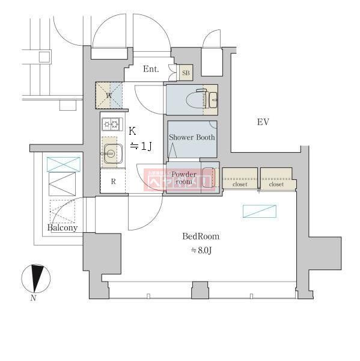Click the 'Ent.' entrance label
(x=151, y=69)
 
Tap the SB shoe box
(x=185, y=73)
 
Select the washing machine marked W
(x=109, y=95)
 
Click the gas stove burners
(x=112, y=125)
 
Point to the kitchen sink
(x=111, y=153)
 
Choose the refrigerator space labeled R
(x=112, y=181)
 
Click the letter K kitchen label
(x=132, y=131)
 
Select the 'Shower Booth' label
(x=192, y=137)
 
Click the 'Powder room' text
(x=184, y=177)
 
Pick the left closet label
(x=240, y=185)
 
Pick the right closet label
(x=276, y=185)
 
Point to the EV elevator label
(x=263, y=122)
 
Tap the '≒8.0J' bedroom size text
(x=201, y=250)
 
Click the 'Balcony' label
(x=63, y=228)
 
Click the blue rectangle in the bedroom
(x=260, y=211)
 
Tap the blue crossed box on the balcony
(x=63, y=164)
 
